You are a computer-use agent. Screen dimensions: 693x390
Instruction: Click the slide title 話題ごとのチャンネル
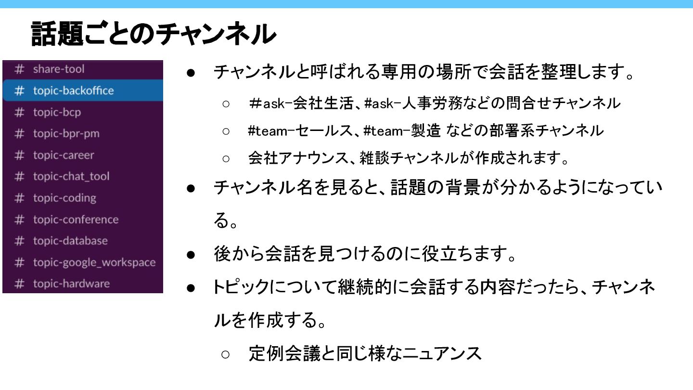(x=153, y=34)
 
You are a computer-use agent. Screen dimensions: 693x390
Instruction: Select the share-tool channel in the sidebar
(x=58, y=69)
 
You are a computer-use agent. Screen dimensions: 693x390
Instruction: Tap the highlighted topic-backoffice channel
(x=73, y=91)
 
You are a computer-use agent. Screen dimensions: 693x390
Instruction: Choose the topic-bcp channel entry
(x=57, y=112)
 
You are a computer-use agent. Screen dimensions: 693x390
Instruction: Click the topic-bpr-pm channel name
(x=66, y=133)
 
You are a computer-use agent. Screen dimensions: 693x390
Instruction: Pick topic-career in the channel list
(x=64, y=155)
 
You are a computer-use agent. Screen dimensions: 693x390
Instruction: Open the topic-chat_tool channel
(x=71, y=176)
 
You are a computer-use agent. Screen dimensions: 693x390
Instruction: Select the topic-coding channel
(x=64, y=198)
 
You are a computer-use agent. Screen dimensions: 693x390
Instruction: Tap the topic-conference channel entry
(x=76, y=220)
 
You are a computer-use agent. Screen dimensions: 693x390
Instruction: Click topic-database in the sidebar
(x=70, y=241)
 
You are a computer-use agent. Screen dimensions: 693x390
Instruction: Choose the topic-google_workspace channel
(x=94, y=262)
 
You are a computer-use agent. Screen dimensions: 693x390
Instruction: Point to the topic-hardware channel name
(x=71, y=284)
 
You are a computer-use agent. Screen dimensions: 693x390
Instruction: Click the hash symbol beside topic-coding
(x=19, y=198)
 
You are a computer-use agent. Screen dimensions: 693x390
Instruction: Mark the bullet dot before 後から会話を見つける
(x=191, y=255)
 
